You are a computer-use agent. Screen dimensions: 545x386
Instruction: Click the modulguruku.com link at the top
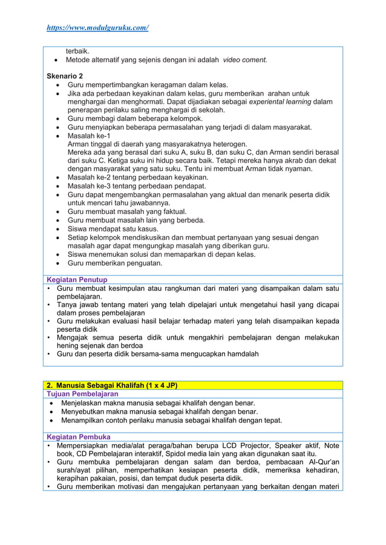pos(98,28)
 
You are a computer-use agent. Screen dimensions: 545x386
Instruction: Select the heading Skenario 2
pos(65,76)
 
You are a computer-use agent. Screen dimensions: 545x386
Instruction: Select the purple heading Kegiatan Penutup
pos(77,280)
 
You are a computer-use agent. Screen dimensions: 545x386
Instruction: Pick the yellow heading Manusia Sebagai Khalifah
pos(113,385)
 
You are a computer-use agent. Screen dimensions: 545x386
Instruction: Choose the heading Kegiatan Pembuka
pos(78,437)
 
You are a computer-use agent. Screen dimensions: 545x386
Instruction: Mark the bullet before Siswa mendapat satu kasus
pos(57,229)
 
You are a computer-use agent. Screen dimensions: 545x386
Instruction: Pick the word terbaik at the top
pos(77,51)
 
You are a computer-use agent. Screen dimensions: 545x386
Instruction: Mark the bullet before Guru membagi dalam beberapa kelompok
pos(57,119)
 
